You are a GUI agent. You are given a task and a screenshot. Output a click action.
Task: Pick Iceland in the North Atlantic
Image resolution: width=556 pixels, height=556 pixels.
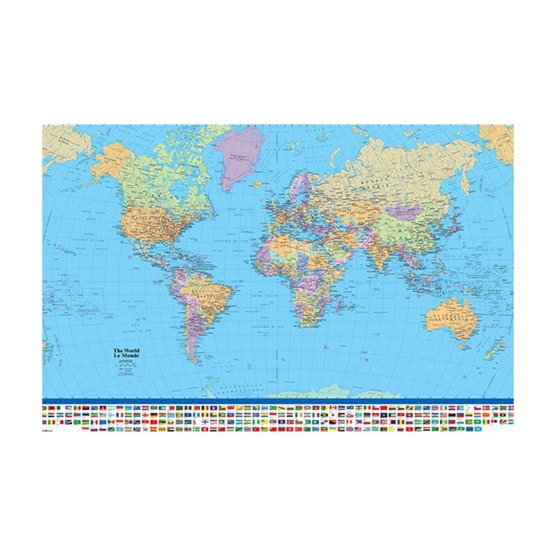coord(259,185)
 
